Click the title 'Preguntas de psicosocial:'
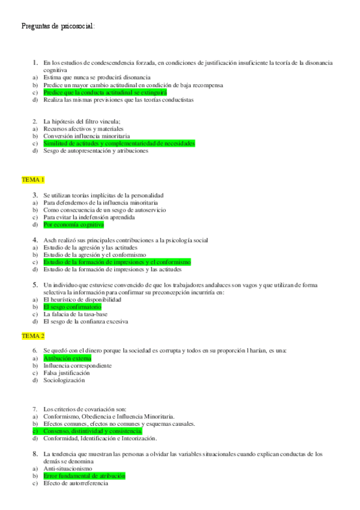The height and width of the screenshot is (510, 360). point(58,26)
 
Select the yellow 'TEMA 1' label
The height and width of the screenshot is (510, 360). point(33,180)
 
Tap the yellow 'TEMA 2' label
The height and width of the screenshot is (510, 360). point(33,336)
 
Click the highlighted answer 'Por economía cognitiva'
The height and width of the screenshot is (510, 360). point(73,225)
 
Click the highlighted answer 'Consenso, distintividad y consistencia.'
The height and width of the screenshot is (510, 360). point(93,431)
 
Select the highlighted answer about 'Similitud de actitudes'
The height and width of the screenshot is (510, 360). point(119,144)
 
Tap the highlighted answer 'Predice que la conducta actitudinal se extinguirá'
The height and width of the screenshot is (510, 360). point(105,93)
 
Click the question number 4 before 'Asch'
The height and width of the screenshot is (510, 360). point(35,240)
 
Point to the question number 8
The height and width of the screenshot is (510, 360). point(35,454)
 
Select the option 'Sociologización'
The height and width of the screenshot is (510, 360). point(64,380)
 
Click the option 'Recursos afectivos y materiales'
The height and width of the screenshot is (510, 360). point(84,129)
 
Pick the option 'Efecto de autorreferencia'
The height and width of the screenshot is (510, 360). point(76,484)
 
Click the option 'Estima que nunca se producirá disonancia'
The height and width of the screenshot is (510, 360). point(96,78)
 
